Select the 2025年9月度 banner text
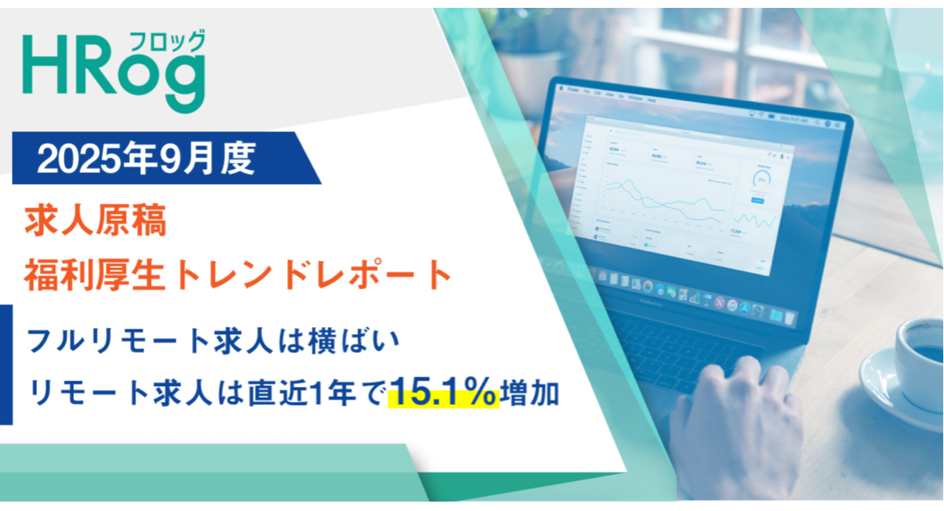(x=146, y=160)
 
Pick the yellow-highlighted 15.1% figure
(x=444, y=392)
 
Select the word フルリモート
(x=118, y=341)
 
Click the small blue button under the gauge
(x=757, y=201)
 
